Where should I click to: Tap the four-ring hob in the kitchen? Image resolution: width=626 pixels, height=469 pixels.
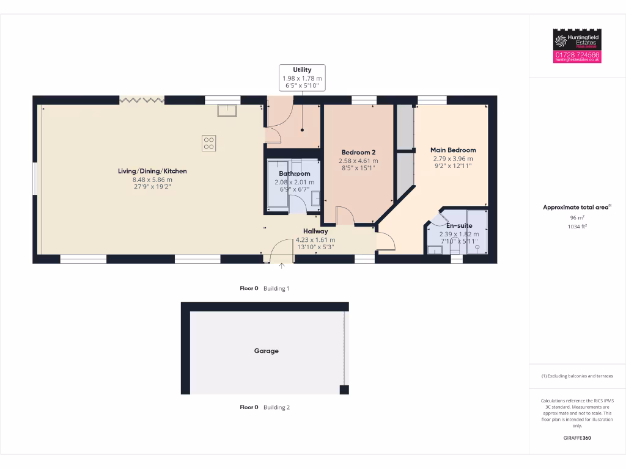(209, 143)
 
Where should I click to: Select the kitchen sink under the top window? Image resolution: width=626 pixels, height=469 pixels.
(227, 110)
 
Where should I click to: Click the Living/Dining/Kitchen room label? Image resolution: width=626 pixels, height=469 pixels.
(152, 171)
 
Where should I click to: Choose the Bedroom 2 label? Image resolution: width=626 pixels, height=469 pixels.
(358, 152)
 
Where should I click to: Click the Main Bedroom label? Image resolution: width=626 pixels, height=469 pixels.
(453, 150)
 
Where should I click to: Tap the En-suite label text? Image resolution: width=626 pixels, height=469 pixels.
(458, 225)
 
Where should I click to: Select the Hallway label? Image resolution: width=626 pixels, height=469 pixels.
(315, 231)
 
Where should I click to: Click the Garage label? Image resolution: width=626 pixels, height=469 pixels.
(266, 351)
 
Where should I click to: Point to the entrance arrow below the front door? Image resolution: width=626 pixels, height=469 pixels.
(282, 266)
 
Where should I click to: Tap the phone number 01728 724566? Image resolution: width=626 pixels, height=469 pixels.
(577, 54)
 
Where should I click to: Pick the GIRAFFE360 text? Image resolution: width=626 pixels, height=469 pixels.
(577, 438)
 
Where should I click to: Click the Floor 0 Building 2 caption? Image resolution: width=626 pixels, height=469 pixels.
(265, 407)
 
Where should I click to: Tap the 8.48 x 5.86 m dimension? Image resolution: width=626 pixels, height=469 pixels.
(152, 180)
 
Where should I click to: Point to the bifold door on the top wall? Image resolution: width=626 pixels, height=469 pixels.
(142, 99)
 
